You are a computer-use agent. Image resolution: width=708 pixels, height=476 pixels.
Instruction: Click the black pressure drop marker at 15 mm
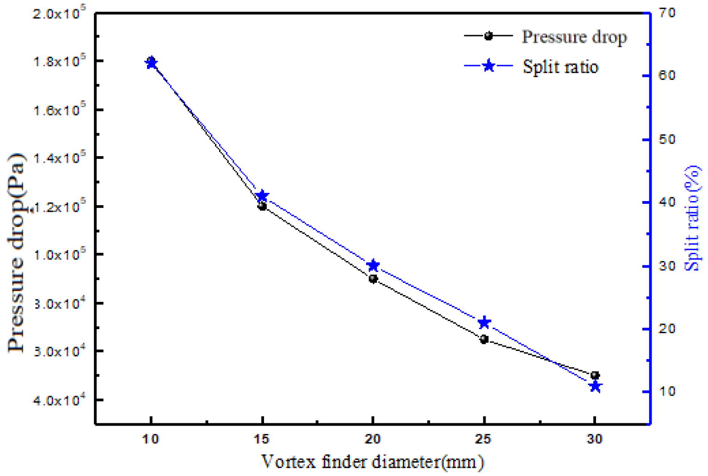[x=262, y=206]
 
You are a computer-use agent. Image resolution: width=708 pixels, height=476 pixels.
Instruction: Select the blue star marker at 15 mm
[x=262, y=196]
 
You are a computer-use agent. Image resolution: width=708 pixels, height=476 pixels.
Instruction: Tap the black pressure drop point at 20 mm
[x=373, y=279]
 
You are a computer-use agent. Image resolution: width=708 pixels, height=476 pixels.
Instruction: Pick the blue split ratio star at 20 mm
[x=373, y=265]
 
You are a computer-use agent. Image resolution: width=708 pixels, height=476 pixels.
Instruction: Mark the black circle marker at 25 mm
[x=484, y=339]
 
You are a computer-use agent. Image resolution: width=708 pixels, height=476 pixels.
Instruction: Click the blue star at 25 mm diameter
[x=484, y=323]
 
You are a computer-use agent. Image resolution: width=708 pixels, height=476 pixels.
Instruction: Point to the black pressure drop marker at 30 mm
[x=595, y=375]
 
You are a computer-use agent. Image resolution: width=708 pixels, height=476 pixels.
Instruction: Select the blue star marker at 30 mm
[x=595, y=386]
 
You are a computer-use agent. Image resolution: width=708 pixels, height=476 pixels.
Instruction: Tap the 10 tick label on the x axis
[x=151, y=439]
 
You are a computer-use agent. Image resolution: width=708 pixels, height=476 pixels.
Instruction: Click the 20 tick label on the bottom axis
[x=373, y=439]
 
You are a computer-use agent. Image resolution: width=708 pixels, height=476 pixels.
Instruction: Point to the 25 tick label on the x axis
[x=484, y=439]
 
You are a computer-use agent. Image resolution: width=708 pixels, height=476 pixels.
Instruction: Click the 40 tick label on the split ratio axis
[x=667, y=202]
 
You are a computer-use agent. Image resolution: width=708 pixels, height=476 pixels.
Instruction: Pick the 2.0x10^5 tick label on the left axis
[x=60, y=13]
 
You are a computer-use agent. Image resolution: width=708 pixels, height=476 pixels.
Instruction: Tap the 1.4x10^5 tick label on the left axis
[x=60, y=159]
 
